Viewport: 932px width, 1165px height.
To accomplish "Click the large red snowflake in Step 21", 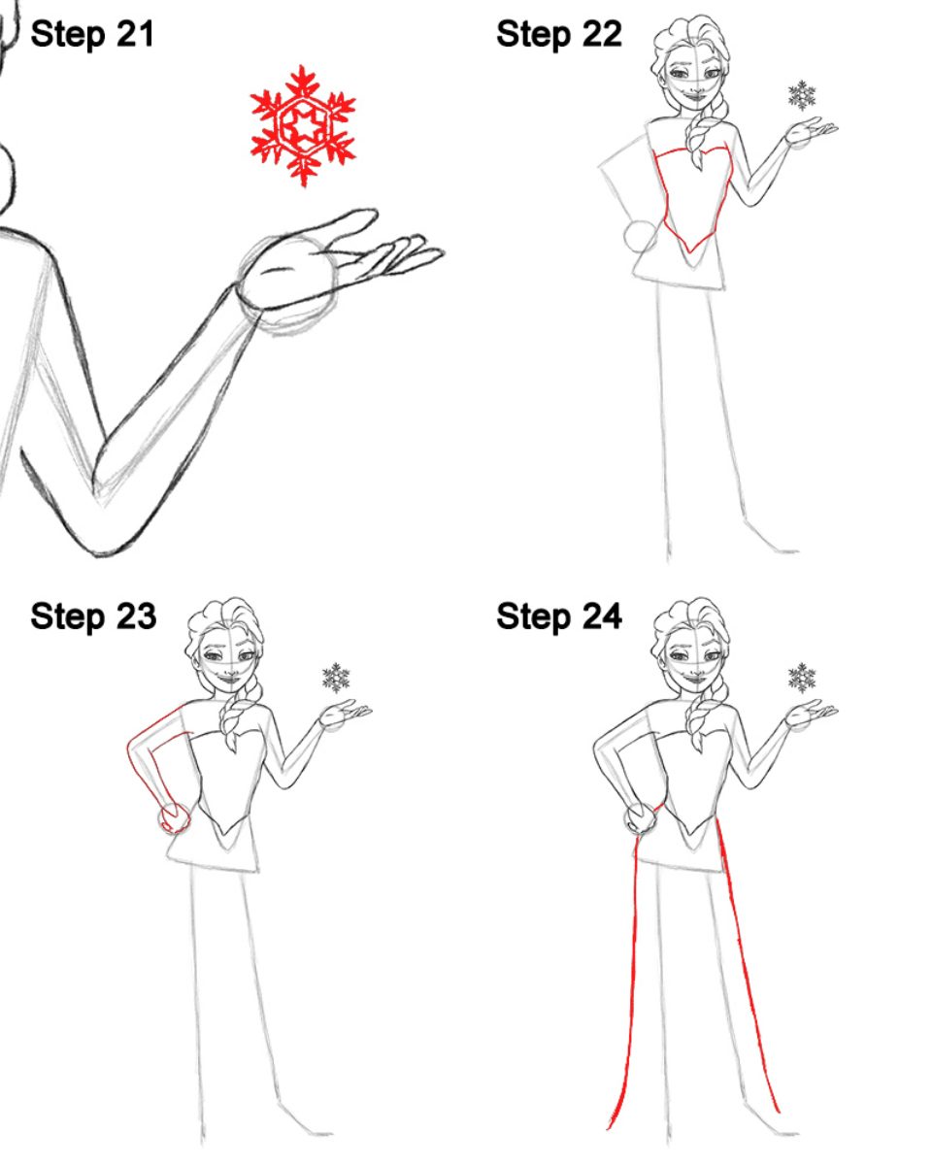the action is pos(303,125).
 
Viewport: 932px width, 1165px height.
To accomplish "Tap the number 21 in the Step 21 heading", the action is pos(135,34).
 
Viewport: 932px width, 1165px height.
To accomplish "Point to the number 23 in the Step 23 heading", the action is pos(136,616).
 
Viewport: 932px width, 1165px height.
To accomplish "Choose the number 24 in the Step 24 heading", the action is pos(602,616).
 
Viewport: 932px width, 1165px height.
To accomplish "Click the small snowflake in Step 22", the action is pos(802,95).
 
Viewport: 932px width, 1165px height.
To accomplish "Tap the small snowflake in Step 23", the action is pos(336,678).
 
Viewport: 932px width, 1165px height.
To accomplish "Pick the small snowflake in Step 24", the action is pos(802,678).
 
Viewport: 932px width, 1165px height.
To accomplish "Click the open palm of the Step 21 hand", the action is pos(287,274).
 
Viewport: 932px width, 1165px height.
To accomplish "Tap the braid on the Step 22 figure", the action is pos(700,133).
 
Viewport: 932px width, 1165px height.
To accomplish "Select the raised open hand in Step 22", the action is pos(810,132).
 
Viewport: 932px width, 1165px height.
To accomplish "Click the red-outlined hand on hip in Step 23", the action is pos(175,818).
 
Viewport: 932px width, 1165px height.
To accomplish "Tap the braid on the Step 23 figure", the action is pos(235,716).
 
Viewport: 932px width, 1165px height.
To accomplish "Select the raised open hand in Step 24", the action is pos(810,715).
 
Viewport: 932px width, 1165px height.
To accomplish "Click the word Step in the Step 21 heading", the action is pos(68,36).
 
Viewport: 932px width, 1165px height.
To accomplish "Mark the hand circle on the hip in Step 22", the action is pos(641,237).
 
